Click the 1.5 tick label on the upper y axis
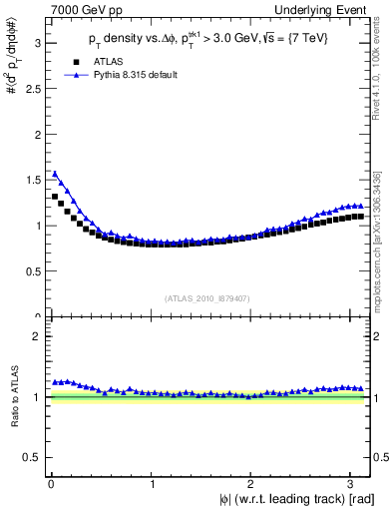click(x=32, y=180)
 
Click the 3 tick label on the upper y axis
click(x=38, y=43)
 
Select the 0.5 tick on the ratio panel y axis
click(x=32, y=457)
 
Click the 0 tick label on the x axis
click(x=51, y=483)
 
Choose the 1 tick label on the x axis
click(x=152, y=483)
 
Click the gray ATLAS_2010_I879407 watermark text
click(x=208, y=296)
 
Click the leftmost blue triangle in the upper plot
click(x=55, y=174)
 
